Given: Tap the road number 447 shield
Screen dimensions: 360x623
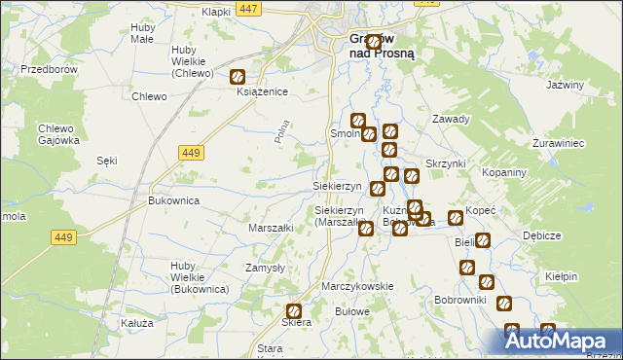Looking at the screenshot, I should coord(248,9).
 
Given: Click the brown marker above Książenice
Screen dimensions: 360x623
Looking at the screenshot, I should coord(238,76).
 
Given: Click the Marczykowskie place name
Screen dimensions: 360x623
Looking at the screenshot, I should coord(357,286).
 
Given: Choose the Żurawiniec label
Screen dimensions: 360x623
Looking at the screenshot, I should coord(558,143).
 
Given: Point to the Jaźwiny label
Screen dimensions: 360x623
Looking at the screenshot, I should coord(565,85).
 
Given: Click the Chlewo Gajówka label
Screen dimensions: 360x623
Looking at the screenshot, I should coord(57,134).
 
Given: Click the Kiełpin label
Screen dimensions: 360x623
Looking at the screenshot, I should coord(562,276).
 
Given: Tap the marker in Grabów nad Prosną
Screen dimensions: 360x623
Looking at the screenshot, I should coord(373,42).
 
